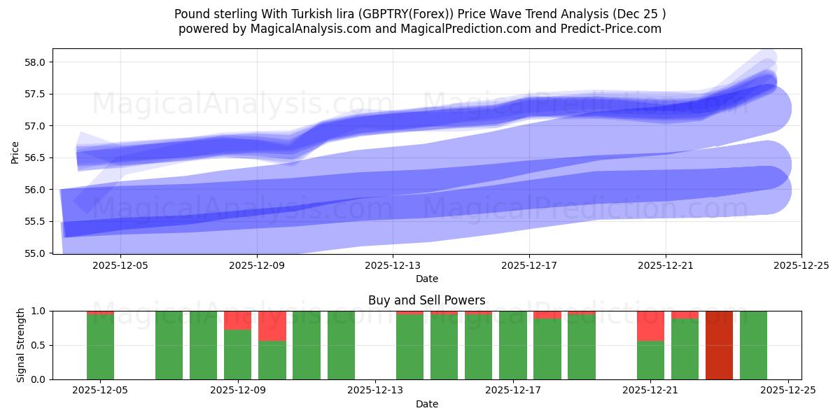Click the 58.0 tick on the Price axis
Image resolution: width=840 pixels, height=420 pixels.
(x=36, y=62)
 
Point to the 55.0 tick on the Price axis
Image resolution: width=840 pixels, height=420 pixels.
(x=36, y=253)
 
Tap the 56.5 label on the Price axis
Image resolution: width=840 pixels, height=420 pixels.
(x=36, y=158)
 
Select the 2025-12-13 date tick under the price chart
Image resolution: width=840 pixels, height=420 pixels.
(x=393, y=266)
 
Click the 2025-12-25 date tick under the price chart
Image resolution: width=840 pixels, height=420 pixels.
(x=801, y=266)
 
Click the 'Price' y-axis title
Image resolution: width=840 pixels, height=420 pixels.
(x=15, y=151)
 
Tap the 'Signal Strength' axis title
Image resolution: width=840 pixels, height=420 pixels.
(x=21, y=345)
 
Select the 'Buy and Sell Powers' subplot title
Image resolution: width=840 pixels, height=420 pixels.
(x=426, y=300)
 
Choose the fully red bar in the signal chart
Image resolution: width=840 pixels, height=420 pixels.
(x=719, y=345)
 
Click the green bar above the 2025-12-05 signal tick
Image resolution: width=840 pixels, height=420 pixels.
(x=100, y=347)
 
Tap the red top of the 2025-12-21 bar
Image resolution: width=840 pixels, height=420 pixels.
(x=650, y=325)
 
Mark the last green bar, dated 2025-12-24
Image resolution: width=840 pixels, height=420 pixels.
(x=753, y=345)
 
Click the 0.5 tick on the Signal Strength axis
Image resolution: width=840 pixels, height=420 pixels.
(x=40, y=345)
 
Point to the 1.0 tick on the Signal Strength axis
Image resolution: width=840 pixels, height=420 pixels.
(x=40, y=311)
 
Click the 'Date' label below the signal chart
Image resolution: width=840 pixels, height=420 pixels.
(x=426, y=404)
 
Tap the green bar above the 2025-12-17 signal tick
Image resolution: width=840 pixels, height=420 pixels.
(x=513, y=345)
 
